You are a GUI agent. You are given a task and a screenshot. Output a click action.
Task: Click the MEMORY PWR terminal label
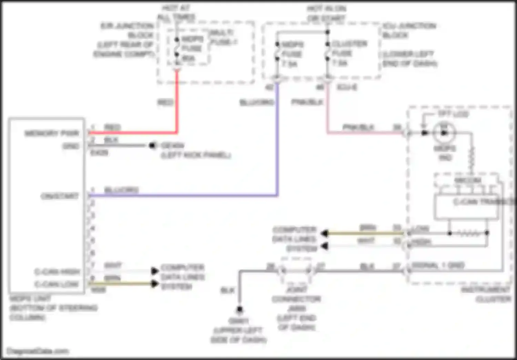(52, 133)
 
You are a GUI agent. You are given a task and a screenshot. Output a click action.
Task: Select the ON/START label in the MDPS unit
(60, 196)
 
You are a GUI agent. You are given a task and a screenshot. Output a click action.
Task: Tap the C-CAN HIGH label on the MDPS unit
(57, 272)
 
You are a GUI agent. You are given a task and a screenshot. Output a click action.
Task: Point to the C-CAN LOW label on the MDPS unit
(57, 284)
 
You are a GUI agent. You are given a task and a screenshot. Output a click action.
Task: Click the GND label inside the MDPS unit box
(71, 146)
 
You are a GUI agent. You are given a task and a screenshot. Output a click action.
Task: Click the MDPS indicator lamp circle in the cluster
(444, 133)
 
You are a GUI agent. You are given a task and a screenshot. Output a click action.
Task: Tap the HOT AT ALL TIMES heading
(176, 12)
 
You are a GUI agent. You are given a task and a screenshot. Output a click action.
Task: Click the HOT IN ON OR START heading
(326, 13)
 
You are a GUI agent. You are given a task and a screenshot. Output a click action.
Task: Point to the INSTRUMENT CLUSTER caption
(486, 294)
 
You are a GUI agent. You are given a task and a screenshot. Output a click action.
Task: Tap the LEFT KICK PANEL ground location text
(196, 155)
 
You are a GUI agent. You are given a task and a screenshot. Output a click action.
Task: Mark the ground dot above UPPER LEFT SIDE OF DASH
(240, 309)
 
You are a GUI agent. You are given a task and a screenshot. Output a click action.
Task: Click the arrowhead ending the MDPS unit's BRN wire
(155, 284)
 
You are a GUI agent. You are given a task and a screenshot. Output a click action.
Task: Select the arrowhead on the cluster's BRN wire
(324, 233)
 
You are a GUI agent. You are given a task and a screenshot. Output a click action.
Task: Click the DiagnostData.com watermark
(38, 351)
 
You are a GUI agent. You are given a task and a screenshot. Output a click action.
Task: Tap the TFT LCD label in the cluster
(453, 114)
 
